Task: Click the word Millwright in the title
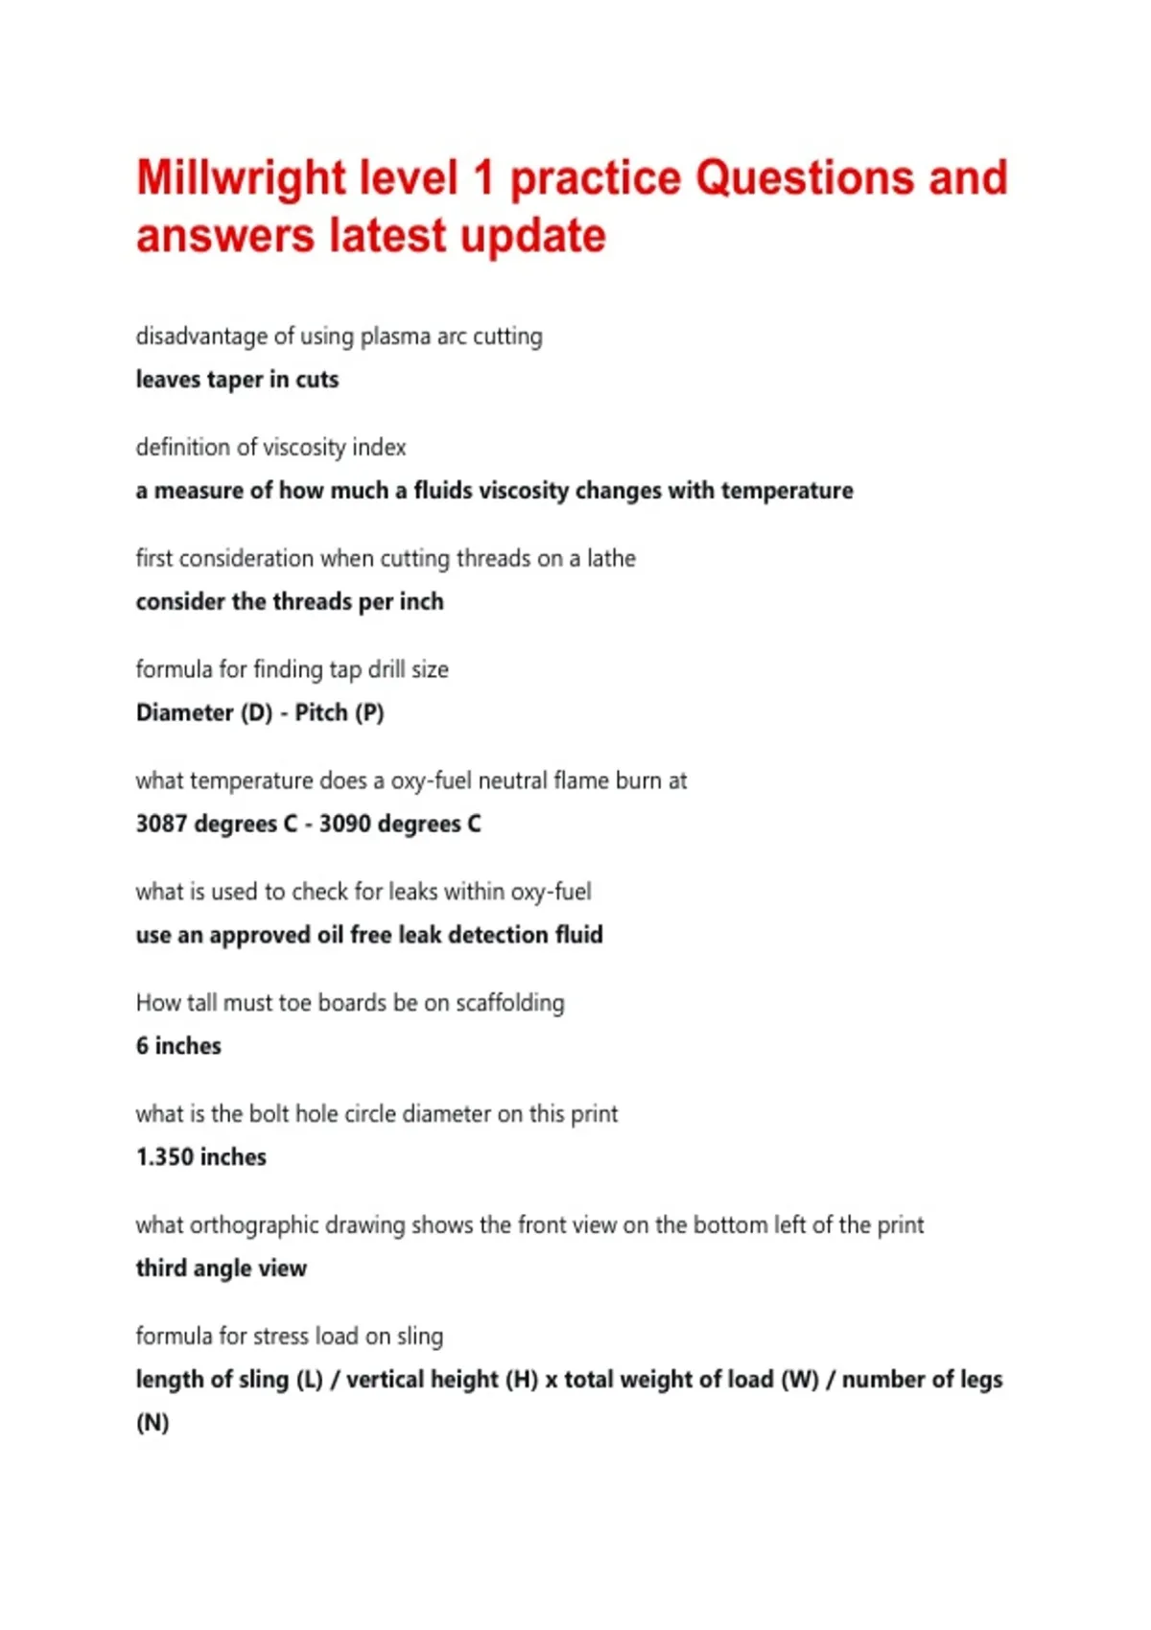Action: [x=241, y=178]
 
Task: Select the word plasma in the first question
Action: [x=395, y=337]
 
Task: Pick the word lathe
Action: [x=611, y=558]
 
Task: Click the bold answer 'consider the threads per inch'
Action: [x=290, y=602]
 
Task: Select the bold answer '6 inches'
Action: [x=178, y=1046]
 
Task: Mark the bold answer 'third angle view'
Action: [x=221, y=1269]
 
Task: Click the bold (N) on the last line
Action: [x=153, y=1423]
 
